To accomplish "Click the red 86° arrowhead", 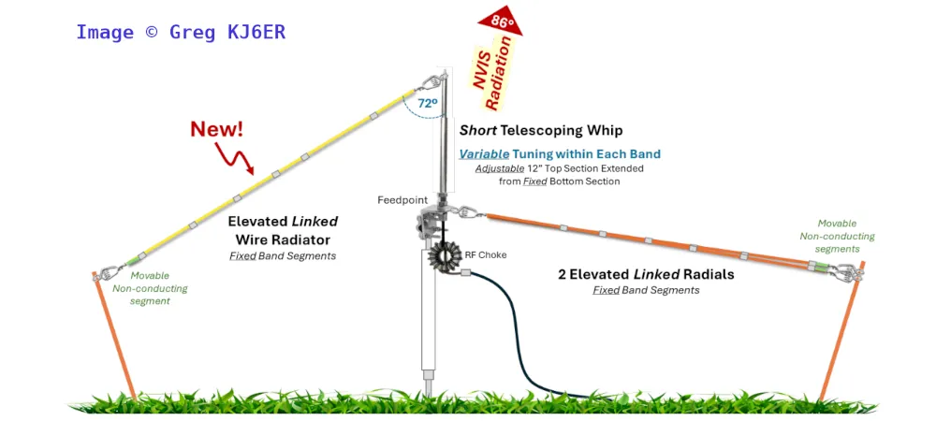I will (498, 21).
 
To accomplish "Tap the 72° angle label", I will (427, 104).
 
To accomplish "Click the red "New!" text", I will (217, 129).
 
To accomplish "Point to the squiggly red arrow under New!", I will (238, 159).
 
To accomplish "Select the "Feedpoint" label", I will (402, 200).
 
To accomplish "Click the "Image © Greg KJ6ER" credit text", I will (181, 32).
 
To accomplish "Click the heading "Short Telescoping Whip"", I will (540, 130).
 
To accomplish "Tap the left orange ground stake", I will (114, 337).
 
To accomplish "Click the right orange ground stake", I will (841, 337).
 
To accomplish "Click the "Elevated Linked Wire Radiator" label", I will (282, 230).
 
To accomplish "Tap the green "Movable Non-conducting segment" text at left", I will (150, 288).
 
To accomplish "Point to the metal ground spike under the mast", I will (430, 384).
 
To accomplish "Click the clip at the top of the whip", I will (432, 81).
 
